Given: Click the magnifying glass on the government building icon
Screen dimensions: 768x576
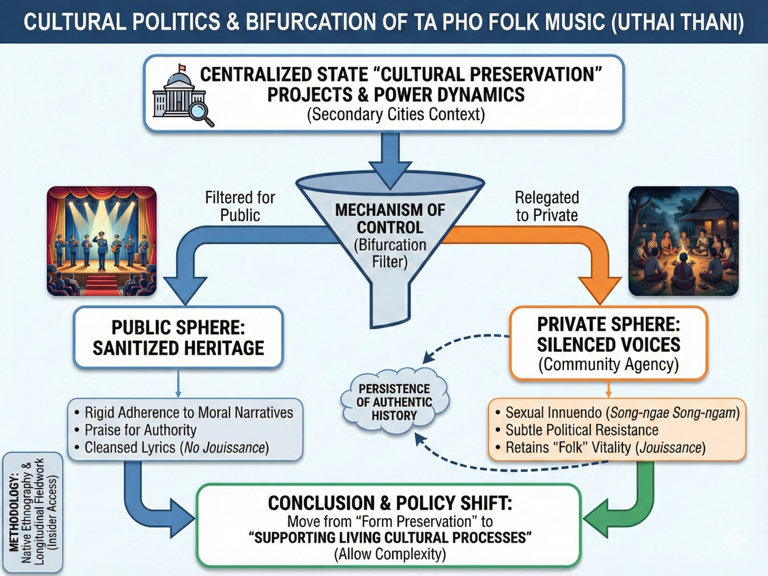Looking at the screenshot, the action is [x=200, y=112].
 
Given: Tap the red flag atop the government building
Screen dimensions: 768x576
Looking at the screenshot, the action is [x=182, y=68].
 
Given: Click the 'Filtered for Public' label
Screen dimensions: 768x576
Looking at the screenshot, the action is [x=240, y=206].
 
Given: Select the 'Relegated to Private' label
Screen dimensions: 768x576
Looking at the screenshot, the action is [x=547, y=206].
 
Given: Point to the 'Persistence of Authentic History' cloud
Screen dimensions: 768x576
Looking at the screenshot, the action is [x=394, y=402].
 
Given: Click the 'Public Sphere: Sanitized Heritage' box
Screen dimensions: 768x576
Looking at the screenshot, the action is [x=178, y=337].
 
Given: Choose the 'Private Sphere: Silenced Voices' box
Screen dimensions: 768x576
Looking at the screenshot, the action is [x=609, y=343].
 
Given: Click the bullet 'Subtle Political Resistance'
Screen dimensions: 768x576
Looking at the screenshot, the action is [x=577, y=430].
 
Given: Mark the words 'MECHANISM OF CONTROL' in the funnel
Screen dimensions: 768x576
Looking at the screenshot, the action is [x=390, y=219].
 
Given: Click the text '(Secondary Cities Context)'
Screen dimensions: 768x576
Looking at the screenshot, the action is [x=396, y=114].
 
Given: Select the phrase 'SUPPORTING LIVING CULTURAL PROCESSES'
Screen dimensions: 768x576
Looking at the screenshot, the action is [x=390, y=537].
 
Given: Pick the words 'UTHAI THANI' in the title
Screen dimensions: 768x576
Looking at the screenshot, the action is [x=678, y=22].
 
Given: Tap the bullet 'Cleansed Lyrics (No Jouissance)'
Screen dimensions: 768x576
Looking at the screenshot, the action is [x=172, y=447].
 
